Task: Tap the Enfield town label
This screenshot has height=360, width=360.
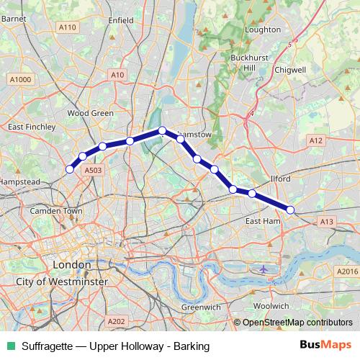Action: pyautogui.click(x=120, y=21)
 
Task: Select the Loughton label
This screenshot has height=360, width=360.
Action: pyautogui.click(x=262, y=30)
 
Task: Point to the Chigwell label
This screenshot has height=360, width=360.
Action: pyautogui.click(x=290, y=70)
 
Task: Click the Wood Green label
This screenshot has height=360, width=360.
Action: pyautogui.click(x=91, y=113)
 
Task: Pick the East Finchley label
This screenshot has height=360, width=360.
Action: pyautogui.click(x=31, y=127)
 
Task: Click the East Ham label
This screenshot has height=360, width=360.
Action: pyautogui.click(x=262, y=220)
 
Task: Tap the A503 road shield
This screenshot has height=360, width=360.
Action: pyautogui.click(x=93, y=170)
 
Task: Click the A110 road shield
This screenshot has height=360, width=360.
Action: pyautogui.click(x=68, y=27)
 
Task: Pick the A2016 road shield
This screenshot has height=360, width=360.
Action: pyautogui.click(x=346, y=271)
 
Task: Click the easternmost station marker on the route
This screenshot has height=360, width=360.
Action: pyautogui.click(x=290, y=210)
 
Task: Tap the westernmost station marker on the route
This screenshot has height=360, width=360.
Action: pyautogui.click(x=70, y=169)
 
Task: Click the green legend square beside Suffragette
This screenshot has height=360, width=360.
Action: pyautogui.click(x=9, y=346)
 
